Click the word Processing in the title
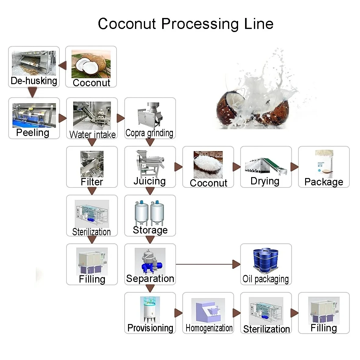[200, 24]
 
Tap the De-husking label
[34, 81]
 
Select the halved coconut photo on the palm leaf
[91, 64]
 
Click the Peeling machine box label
[33, 133]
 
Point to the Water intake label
[92, 134]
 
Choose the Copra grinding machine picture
[150, 116]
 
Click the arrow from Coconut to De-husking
[63, 66]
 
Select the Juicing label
[150, 181]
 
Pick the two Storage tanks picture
[150, 213]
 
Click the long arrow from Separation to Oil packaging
[207, 264]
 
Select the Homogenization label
[209, 328]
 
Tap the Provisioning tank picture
[150, 309]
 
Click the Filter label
[92, 182]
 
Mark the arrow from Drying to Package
[294, 167]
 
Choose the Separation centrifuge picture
[150, 261]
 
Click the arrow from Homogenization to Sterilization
[237, 313]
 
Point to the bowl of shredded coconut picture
[208, 165]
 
